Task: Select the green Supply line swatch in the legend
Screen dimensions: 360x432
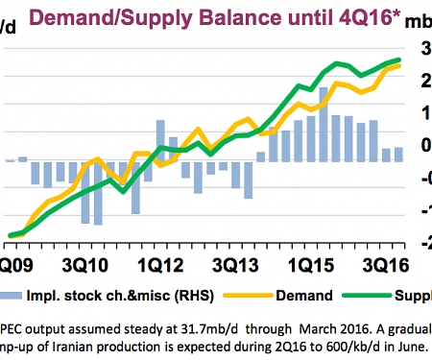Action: click(x=373, y=296)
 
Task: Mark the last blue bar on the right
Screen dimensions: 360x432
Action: click(x=398, y=154)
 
